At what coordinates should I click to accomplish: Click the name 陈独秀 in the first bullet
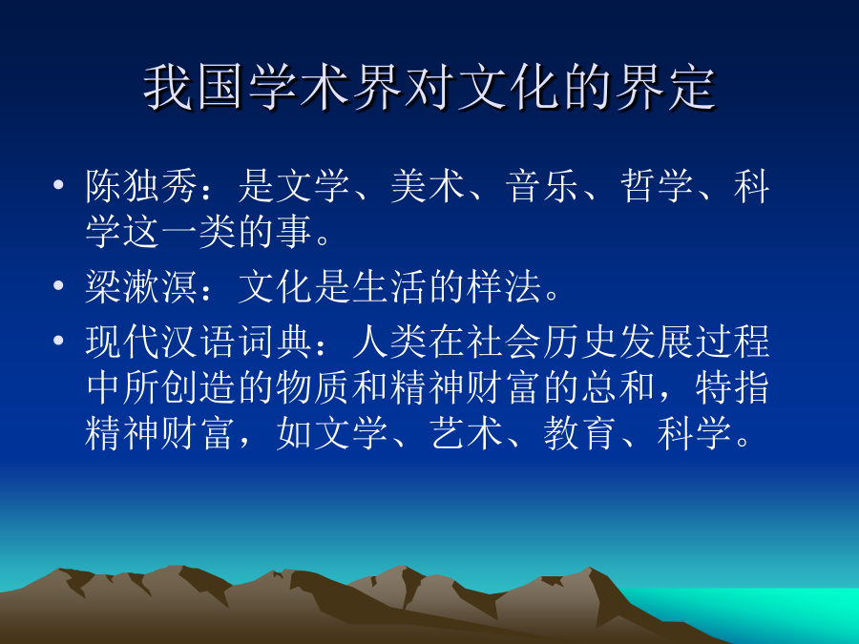click(141, 186)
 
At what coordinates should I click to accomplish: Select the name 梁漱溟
click(141, 286)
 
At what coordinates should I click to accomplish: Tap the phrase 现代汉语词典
click(199, 342)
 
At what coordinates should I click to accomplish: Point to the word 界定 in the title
click(665, 88)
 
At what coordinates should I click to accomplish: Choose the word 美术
click(428, 186)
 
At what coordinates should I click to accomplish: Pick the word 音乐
click(542, 186)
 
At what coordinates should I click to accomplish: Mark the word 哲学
click(657, 186)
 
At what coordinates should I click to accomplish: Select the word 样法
click(503, 286)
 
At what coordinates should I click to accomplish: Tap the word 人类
click(389, 342)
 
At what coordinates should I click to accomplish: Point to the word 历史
click(580, 342)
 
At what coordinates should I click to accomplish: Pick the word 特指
click(733, 387)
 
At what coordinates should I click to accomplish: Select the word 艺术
click(466, 433)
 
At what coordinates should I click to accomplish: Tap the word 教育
click(580, 433)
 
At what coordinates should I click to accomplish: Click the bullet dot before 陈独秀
click(58, 184)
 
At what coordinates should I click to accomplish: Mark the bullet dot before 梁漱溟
click(58, 284)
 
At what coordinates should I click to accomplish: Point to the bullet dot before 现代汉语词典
click(58, 340)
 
